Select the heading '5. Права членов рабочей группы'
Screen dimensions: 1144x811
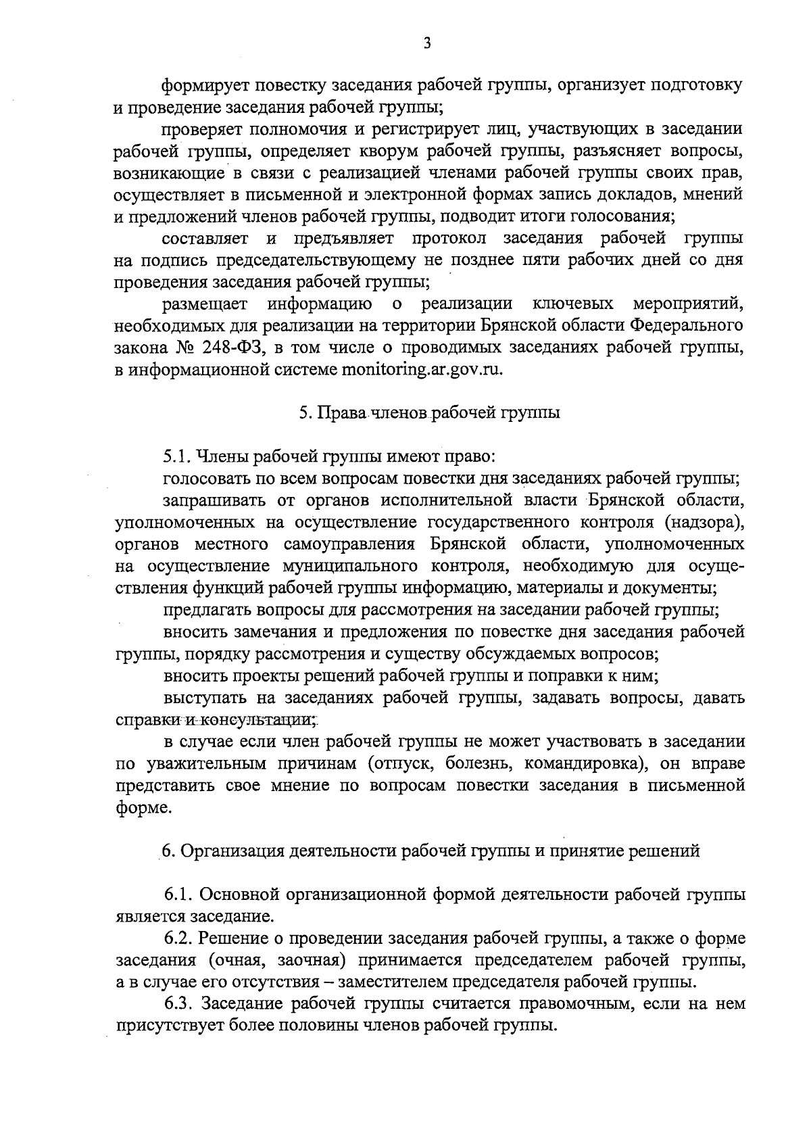[x=430, y=414]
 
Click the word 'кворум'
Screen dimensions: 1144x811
[x=345, y=150]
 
